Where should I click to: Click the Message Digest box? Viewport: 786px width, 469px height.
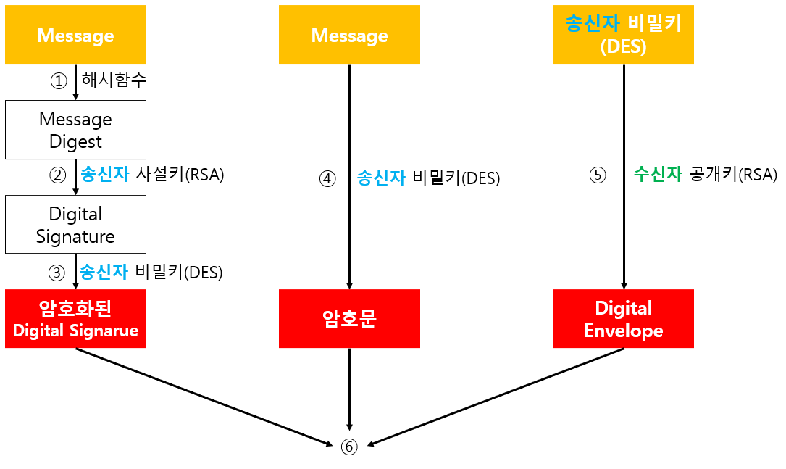click(75, 130)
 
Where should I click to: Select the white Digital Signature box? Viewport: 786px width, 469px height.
click(75, 225)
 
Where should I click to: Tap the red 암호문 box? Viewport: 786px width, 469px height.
click(349, 319)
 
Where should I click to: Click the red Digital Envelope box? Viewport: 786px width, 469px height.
click(623, 319)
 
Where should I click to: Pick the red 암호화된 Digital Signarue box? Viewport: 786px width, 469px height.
click(75, 319)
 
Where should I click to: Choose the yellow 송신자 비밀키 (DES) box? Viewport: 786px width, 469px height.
click(623, 35)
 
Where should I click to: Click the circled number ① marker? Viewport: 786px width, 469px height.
click(58, 80)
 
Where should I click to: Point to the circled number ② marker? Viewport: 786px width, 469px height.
click(58, 175)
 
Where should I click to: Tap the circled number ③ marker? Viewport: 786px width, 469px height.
click(58, 273)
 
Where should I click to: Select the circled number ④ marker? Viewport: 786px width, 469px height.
click(328, 178)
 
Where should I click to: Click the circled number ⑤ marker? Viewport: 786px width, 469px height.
click(598, 175)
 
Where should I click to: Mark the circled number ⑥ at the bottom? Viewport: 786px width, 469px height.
click(349, 447)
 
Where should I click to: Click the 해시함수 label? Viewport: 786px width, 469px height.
click(114, 80)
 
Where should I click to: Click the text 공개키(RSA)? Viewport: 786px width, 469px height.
click(733, 175)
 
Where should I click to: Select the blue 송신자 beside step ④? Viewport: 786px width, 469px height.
click(381, 178)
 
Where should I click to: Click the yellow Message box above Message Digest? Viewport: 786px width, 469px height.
click(75, 35)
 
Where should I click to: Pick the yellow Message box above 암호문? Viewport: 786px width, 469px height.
click(349, 35)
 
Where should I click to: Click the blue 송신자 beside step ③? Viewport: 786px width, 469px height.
click(104, 272)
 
